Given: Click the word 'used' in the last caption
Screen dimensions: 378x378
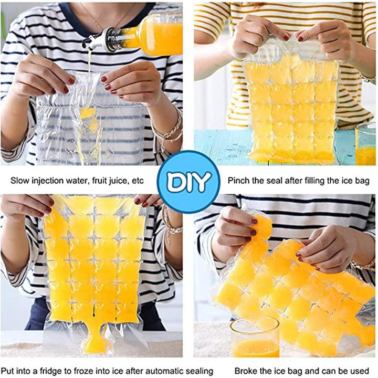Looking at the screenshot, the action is [361, 371].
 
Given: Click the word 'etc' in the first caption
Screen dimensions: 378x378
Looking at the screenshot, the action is [138, 181].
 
